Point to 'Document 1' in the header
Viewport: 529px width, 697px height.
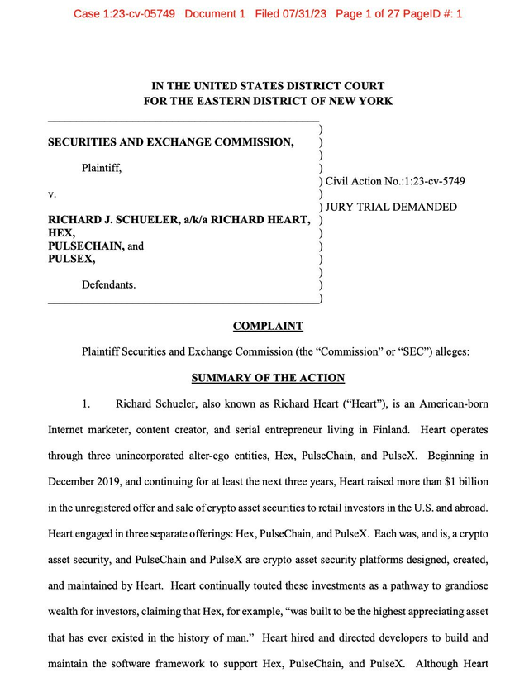(215, 14)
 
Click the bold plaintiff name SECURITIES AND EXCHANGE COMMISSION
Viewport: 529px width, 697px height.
(171, 142)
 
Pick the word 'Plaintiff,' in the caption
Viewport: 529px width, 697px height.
(102, 168)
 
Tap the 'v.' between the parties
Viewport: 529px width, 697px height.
(52, 193)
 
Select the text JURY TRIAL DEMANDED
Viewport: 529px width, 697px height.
(391, 207)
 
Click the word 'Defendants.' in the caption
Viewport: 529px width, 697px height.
(108, 284)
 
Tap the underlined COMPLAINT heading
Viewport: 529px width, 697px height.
(268, 326)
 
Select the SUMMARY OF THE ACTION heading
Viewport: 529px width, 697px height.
(268, 378)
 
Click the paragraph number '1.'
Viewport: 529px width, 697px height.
(86, 404)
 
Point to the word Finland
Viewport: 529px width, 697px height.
(388, 430)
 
